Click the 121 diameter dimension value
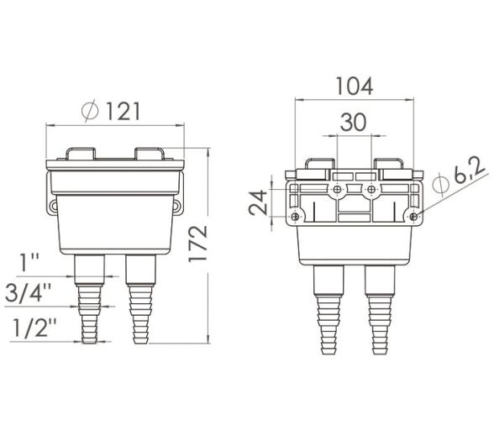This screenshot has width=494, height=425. [x=123, y=111]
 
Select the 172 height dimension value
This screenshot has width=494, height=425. [x=198, y=244]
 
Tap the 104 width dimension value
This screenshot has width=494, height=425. [x=355, y=86]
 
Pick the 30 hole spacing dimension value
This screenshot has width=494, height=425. [x=353, y=123]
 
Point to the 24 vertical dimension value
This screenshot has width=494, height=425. [x=258, y=202]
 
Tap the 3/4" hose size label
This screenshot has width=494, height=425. [x=29, y=293]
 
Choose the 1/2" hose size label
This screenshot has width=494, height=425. [x=34, y=328]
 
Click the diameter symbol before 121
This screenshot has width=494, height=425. [x=90, y=111]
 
